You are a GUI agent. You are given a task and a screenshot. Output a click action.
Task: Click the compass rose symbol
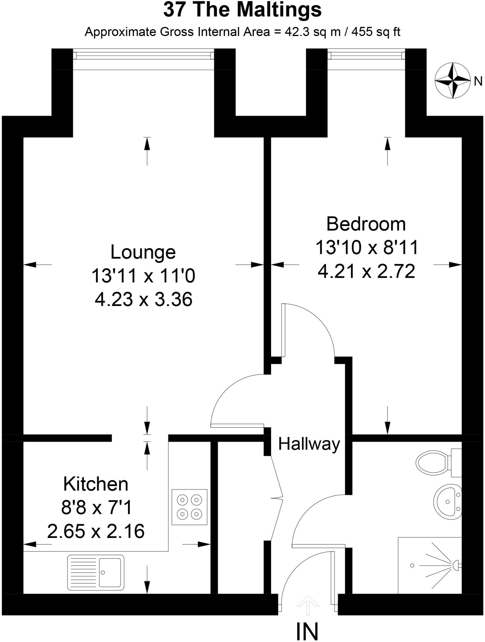click(x=453, y=81)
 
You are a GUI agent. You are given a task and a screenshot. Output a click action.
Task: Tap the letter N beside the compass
click(x=478, y=82)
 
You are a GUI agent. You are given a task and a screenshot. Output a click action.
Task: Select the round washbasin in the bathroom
click(x=447, y=502)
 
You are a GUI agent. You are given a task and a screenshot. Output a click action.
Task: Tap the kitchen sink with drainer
click(x=95, y=572)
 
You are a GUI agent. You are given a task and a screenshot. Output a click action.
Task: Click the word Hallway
click(x=309, y=444)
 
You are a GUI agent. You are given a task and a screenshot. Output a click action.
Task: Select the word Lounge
click(x=143, y=252)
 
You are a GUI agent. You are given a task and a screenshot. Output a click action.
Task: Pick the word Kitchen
click(x=96, y=484)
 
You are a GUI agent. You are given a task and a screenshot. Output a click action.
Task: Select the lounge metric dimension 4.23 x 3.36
click(x=143, y=299)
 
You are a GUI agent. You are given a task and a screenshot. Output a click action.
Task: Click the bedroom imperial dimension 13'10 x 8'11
click(x=367, y=247)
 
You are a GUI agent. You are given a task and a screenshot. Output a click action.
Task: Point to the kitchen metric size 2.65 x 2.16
click(x=96, y=531)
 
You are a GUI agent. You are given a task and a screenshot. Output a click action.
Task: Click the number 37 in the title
click(x=174, y=10)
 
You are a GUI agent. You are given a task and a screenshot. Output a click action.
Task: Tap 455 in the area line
click(x=362, y=32)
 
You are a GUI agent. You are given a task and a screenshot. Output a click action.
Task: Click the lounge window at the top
click(x=143, y=55)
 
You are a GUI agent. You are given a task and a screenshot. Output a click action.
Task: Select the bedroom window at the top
click(x=366, y=55)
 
